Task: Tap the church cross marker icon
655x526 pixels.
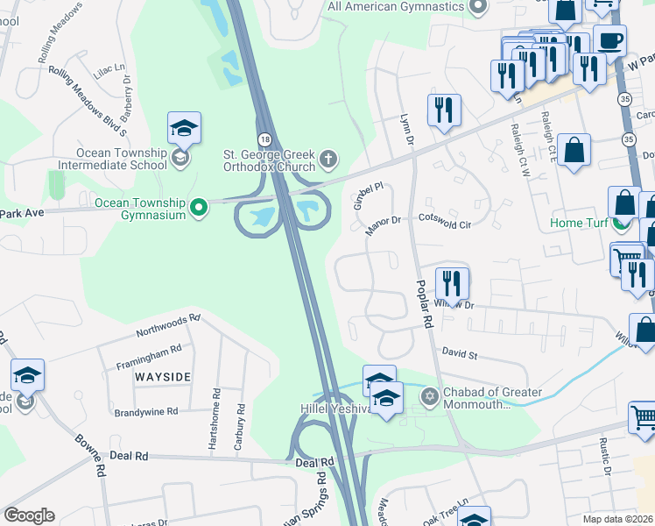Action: tap(328, 159)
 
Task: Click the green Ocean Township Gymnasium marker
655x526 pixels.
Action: tap(199, 208)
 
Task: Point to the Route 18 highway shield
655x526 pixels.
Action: tap(264, 139)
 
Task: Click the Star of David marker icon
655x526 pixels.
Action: tap(429, 398)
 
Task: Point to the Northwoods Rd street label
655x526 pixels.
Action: tap(168, 328)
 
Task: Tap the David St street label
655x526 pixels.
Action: tap(459, 356)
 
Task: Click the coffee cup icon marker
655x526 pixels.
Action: tap(609, 39)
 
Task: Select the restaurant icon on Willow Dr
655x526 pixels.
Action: tap(452, 283)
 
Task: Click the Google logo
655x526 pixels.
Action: tap(29, 515)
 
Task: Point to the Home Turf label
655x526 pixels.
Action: tap(579, 223)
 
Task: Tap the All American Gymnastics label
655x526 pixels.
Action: tap(396, 7)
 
